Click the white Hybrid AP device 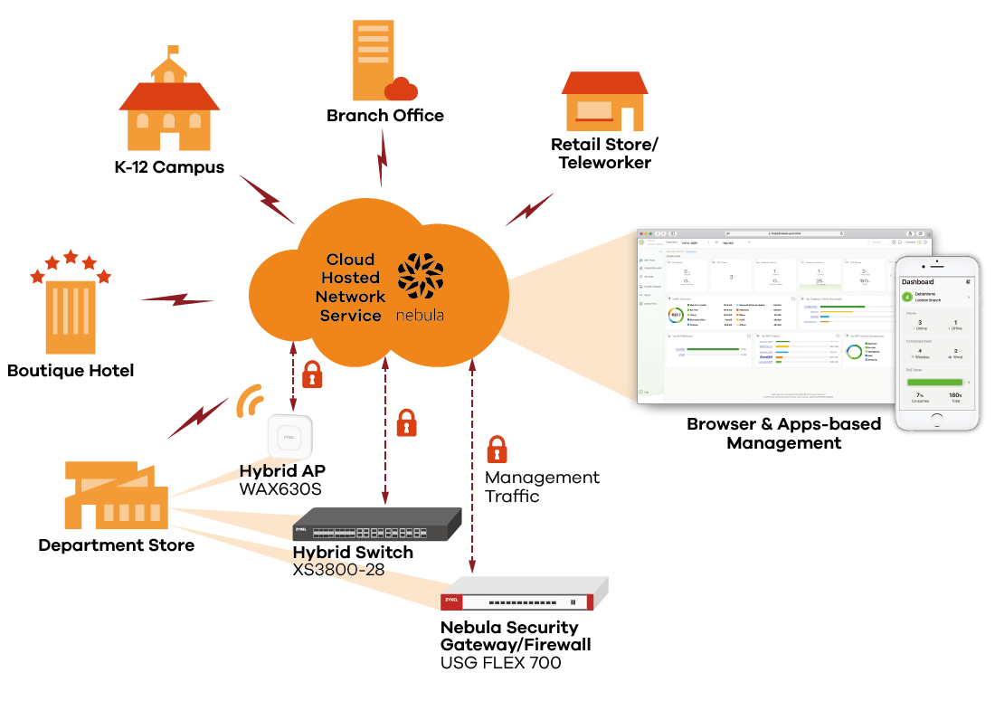click(x=289, y=437)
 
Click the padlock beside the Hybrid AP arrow click(x=312, y=374)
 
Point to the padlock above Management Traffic click(x=497, y=449)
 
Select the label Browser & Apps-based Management click(x=783, y=433)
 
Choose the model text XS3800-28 click(x=339, y=571)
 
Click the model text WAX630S click(x=280, y=489)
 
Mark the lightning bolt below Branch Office click(x=382, y=162)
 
